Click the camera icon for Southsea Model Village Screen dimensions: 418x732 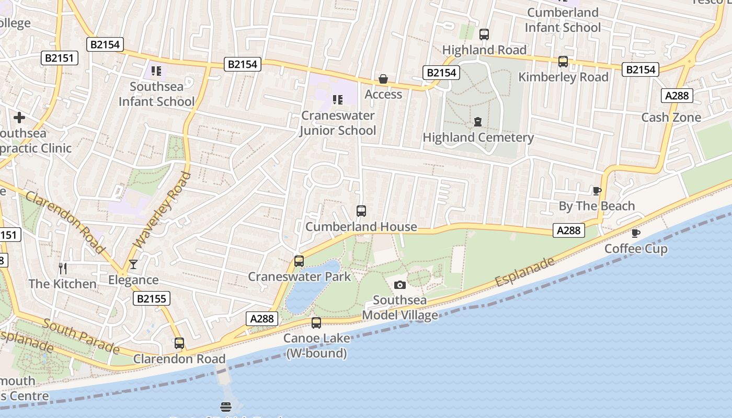pyautogui.click(x=399, y=285)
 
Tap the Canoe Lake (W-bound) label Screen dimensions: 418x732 pyautogui.click(x=316, y=346)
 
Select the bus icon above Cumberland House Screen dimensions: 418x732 pyautogui.click(x=361, y=211)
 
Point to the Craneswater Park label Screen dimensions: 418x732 pyautogui.click(x=299, y=276)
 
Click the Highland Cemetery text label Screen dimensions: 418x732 pyautogui.click(x=478, y=137)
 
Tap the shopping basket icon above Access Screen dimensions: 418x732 pyautogui.click(x=383, y=79)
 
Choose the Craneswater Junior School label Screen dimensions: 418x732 pyautogui.click(x=338, y=123)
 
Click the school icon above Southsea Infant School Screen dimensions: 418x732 pyautogui.click(x=156, y=71)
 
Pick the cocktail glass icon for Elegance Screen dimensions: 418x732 pyautogui.click(x=133, y=264)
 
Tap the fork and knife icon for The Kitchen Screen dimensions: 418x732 pyautogui.click(x=63, y=269)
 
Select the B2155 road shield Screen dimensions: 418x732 pyautogui.click(x=152, y=299)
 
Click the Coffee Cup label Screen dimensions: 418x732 pyautogui.click(x=636, y=249)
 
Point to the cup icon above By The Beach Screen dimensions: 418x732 pyautogui.click(x=597, y=191)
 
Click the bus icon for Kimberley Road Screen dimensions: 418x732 pyautogui.click(x=563, y=62)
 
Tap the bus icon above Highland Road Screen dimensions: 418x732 pyautogui.click(x=484, y=34)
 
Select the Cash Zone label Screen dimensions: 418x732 pyautogui.click(x=671, y=118)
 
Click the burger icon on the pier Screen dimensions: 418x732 pyautogui.click(x=226, y=407)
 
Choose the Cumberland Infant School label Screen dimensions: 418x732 pyautogui.click(x=563, y=20)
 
